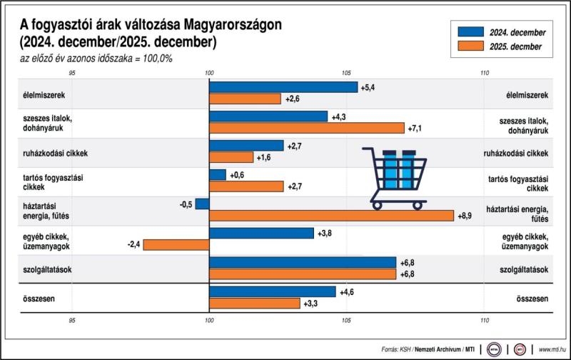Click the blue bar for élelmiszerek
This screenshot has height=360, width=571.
pyautogui.click(x=283, y=87)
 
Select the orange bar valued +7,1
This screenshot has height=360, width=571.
pyautogui.click(x=307, y=128)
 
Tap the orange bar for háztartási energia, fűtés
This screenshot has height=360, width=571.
pyautogui.click(x=331, y=216)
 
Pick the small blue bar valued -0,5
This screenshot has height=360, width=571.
pyautogui.click(x=202, y=204)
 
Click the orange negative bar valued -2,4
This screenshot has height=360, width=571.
pyautogui.click(x=176, y=245)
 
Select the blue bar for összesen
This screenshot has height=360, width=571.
pyautogui.click(x=272, y=291)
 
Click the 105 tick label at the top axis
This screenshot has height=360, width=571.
pyautogui.click(x=346, y=73)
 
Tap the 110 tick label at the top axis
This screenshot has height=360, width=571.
pyautogui.click(x=485, y=73)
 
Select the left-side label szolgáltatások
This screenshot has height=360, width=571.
pyautogui.click(x=51, y=269)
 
